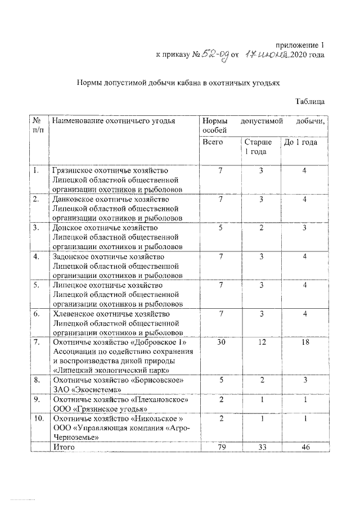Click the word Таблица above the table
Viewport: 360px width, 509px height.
(309, 102)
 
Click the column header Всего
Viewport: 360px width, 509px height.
(213, 142)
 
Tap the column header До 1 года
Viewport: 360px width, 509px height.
(300, 142)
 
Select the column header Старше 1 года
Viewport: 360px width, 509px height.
(258, 147)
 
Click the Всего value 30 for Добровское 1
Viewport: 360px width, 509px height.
(221, 343)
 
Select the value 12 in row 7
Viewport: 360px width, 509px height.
(261, 343)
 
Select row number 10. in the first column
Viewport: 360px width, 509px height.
(38, 419)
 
